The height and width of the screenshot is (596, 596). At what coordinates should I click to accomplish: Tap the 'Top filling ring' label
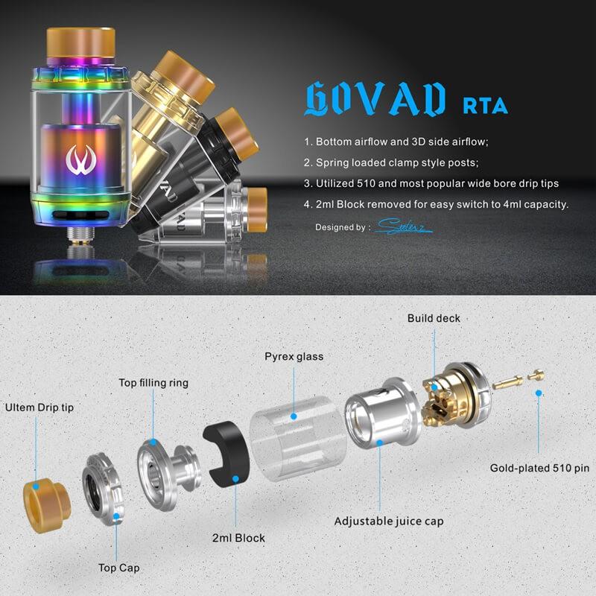tap(153, 383)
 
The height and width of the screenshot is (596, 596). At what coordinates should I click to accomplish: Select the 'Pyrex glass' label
tap(294, 356)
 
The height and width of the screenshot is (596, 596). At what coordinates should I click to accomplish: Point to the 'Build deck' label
tap(434, 318)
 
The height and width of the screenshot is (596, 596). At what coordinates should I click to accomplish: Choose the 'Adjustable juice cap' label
tap(388, 521)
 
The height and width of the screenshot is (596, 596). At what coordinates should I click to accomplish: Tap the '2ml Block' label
tap(238, 538)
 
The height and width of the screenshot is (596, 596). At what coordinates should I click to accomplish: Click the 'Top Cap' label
tap(118, 568)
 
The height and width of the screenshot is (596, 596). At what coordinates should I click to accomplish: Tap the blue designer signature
tap(403, 226)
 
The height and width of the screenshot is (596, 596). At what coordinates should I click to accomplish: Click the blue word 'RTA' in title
tap(485, 105)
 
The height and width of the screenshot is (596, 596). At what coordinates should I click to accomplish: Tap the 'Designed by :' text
tap(342, 226)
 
